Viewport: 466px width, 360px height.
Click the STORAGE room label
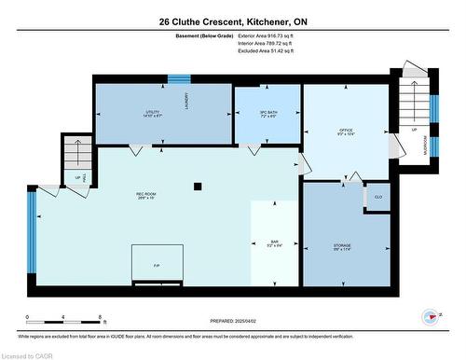[342, 246]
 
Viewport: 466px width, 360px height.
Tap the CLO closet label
[378, 198]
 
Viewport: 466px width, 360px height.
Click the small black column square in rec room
[198, 186]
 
